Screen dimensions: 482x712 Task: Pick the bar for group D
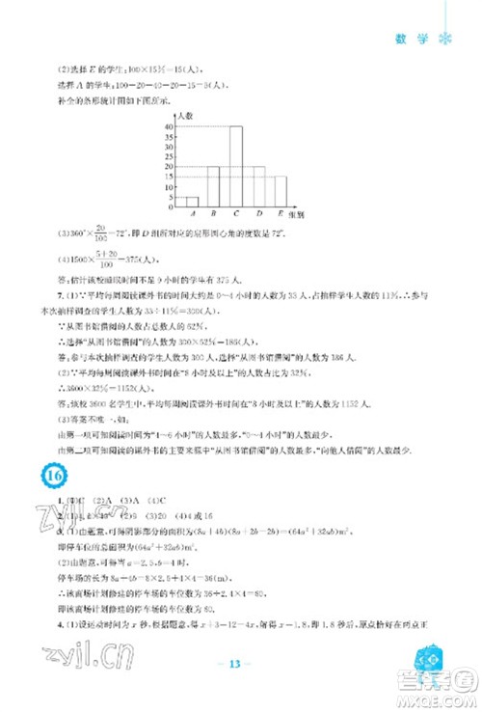[258, 184]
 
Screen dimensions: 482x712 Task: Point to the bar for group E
[281, 189]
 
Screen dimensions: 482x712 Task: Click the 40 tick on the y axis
[168, 126]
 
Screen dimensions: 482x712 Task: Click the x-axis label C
[235, 213]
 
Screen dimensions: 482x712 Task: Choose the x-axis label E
[281, 213]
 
